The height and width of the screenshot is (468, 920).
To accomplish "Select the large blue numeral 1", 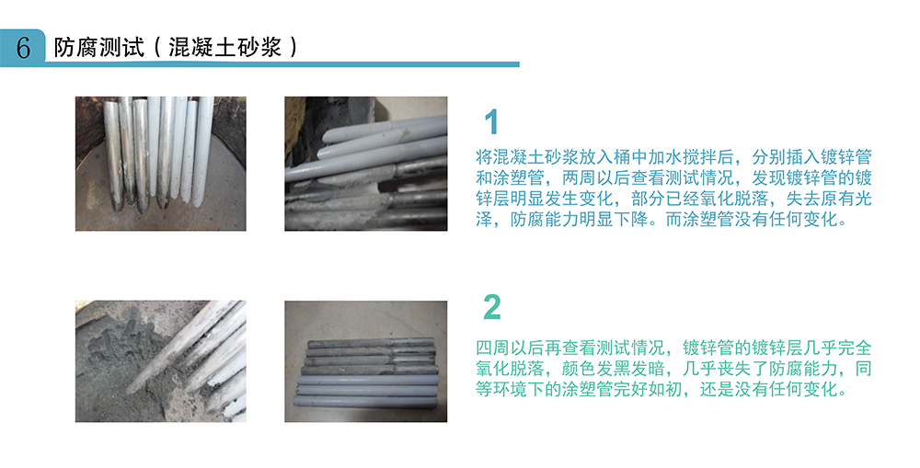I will coord(492,122).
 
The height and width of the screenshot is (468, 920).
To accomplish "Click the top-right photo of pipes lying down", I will coord(365,163).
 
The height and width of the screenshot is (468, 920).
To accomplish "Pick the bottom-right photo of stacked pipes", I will coord(365,360).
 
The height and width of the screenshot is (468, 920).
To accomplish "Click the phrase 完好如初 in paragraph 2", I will coord(689,390).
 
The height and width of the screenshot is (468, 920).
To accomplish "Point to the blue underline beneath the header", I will coord(276,64).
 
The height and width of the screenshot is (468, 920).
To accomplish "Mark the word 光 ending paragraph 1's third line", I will coord(862,198).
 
